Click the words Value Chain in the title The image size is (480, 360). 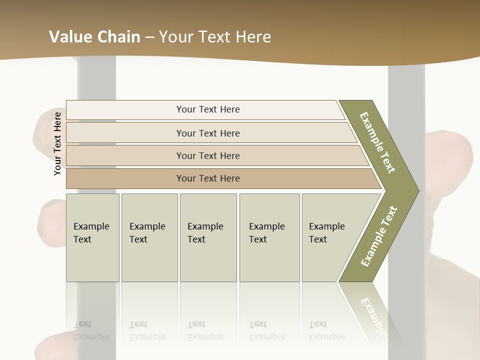tap(94, 37)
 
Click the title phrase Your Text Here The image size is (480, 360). tap(215, 37)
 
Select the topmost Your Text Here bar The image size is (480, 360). tap(208, 109)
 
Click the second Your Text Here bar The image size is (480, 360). tap(208, 133)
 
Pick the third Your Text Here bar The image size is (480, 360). tap(208, 155)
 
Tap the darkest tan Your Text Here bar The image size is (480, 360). tap(208, 178)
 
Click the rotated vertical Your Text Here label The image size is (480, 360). tap(58, 143)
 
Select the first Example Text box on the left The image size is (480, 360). tap(92, 237)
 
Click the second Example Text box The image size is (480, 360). tap(149, 237)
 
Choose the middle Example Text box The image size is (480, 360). tap(208, 237)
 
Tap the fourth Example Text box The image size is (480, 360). tap(269, 237)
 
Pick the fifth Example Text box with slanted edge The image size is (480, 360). tap(330, 237)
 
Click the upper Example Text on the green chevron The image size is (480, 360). tap(377, 142)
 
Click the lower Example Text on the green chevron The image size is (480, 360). tap(378, 236)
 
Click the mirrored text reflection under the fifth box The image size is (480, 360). tap(326, 331)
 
